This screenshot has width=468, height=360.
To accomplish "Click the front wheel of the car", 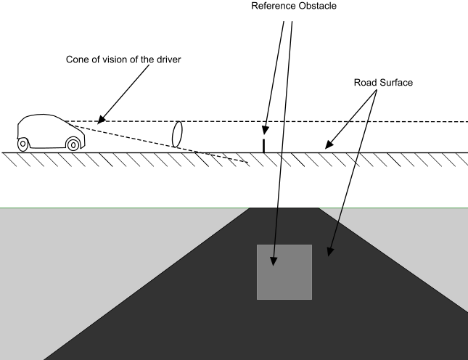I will click(x=73, y=144).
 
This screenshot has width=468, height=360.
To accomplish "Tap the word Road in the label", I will click(x=361, y=82).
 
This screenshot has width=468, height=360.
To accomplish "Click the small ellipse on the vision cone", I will click(x=176, y=134).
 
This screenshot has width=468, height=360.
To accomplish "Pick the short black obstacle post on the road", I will click(x=264, y=144).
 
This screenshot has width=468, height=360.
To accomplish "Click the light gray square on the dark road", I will click(x=284, y=272).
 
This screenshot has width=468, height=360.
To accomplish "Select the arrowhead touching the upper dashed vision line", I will click(x=100, y=119).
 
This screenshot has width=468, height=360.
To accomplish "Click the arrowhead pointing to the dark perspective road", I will click(x=330, y=253).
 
